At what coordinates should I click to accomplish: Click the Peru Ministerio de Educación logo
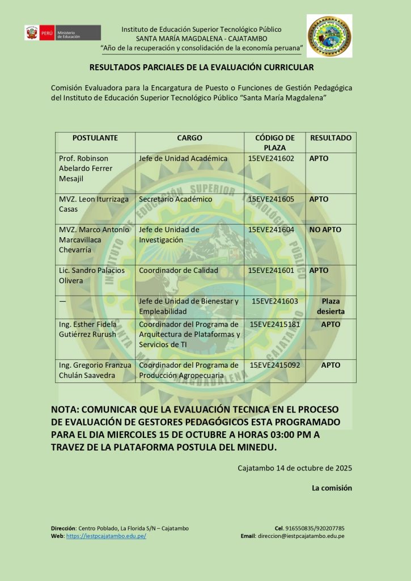[62, 33]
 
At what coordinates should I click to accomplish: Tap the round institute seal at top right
[329, 36]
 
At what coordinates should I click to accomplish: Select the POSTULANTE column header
[95, 138]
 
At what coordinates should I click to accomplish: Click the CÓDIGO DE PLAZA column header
[275, 142]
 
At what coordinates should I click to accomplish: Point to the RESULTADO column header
[331, 138]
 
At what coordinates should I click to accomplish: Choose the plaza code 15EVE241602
[272, 158]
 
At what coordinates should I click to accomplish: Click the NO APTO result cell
[325, 230]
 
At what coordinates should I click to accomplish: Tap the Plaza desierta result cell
[331, 306]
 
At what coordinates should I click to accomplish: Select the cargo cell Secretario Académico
[176, 199]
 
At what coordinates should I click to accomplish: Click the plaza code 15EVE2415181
[275, 324]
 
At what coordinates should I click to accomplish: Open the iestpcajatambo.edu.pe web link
[106, 536]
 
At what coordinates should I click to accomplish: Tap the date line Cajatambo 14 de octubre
[295, 468]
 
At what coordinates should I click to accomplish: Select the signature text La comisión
[332, 487]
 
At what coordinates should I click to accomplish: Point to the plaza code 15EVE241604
[272, 230]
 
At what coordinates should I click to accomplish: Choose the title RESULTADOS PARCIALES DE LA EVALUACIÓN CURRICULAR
[201, 68]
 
